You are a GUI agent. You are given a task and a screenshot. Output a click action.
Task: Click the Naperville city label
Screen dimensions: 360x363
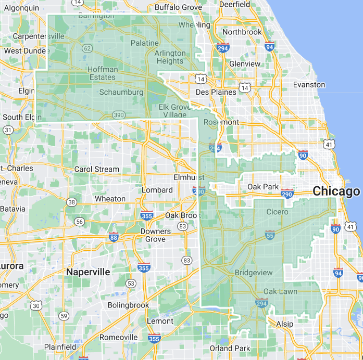pyautogui.click(x=88, y=272)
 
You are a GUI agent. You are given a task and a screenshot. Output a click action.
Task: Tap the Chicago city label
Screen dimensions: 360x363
pyautogui.click(x=336, y=191)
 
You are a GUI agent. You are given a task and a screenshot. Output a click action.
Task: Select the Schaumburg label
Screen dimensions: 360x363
pyautogui.click(x=121, y=92)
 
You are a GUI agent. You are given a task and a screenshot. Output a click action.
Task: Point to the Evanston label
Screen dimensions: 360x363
pyautogui.click(x=309, y=84)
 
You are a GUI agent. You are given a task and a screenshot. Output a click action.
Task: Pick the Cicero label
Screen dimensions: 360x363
pyautogui.click(x=277, y=212)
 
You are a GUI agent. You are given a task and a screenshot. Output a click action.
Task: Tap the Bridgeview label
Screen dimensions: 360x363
pyautogui.click(x=254, y=273)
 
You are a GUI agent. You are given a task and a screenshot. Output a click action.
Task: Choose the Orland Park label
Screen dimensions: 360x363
pyautogui.click(x=230, y=348)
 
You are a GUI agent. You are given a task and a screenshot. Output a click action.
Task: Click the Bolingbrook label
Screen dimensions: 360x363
pyautogui.click(x=128, y=305)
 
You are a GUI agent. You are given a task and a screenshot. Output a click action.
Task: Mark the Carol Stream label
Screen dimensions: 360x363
pyautogui.click(x=97, y=169)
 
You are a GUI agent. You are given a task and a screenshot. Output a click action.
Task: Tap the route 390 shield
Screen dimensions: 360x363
pyautogui.click(x=118, y=115)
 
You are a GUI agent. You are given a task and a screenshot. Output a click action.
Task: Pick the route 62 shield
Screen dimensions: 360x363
pyautogui.click(x=87, y=48)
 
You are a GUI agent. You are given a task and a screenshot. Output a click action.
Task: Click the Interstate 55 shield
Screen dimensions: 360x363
pyautogui.click(x=270, y=235)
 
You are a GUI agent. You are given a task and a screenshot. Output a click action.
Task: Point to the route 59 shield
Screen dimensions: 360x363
pyautogui.click(x=64, y=316)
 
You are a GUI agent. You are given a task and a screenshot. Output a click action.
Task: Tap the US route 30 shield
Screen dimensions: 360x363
pyautogui.click(x=36, y=306)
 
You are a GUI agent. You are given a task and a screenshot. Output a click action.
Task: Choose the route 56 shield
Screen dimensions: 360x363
pyautogui.click(x=79, y=222)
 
